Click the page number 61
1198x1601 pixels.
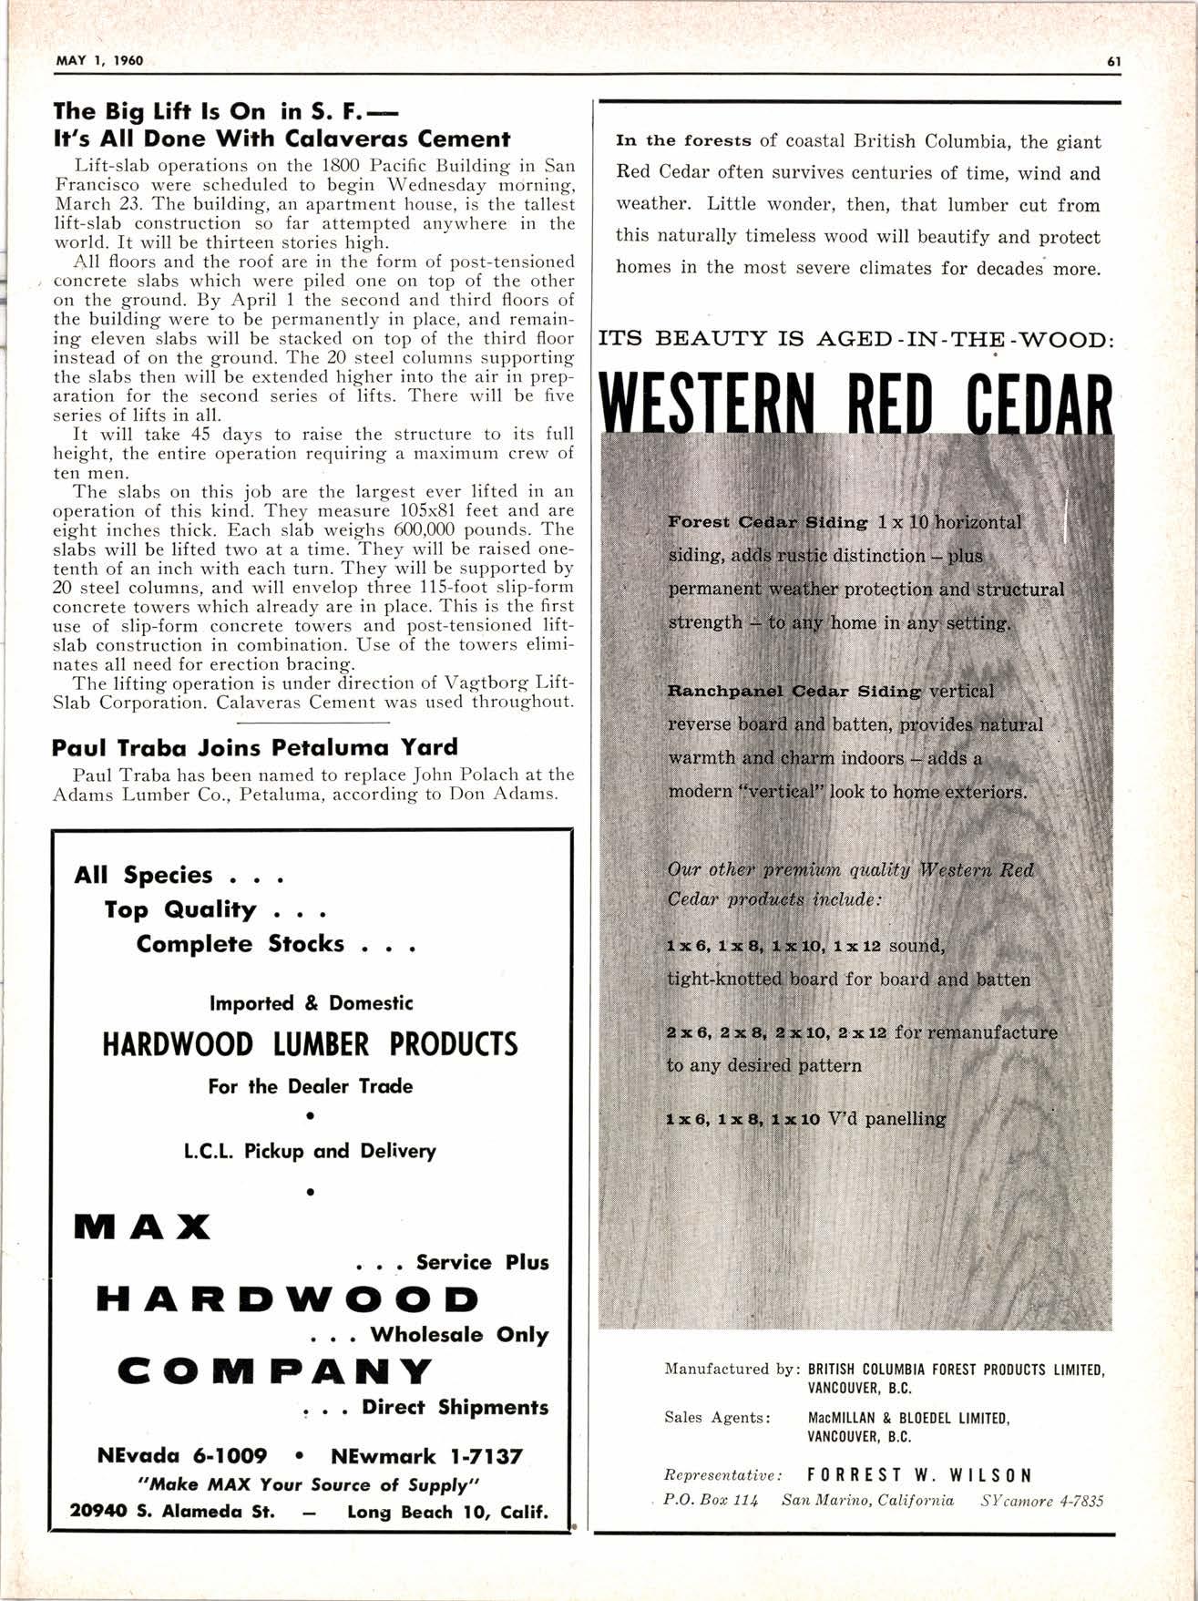1113,62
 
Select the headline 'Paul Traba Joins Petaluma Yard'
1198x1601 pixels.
255,747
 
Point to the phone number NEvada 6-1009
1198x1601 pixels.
182,1455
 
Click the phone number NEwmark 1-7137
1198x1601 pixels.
426,1455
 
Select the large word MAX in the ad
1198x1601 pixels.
143,1227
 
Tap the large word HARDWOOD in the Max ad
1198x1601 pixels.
287,1299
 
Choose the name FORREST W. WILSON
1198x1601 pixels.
920,1474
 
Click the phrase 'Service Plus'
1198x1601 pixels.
482,1262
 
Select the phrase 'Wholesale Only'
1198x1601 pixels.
458,1334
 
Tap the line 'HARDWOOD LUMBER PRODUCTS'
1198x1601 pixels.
310,1044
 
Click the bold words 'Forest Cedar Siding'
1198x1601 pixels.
768,522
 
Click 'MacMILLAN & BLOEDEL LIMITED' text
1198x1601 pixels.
908,1418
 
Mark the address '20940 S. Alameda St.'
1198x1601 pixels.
172,1512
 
